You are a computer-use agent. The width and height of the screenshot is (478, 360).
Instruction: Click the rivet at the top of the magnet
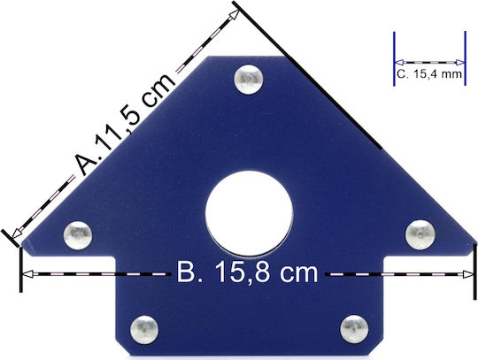[x=249, y=80]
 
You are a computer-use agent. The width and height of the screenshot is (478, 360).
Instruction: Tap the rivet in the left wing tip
[x=78, y=235]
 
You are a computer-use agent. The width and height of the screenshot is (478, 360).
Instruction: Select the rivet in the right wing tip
[x=420, y=234]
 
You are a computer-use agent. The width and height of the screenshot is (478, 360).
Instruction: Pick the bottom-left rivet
[x=144, y=330]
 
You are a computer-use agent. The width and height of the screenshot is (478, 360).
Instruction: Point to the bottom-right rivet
[x=354, y=329]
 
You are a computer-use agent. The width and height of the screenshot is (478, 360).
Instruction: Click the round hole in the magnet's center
[x=249, y=213]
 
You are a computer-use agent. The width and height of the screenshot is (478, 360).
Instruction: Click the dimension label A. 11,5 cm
[x=125, y=124]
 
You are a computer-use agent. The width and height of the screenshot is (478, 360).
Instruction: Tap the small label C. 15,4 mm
[x=429, y=74]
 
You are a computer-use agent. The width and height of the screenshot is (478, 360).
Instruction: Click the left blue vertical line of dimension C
[x=394, y=58]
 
